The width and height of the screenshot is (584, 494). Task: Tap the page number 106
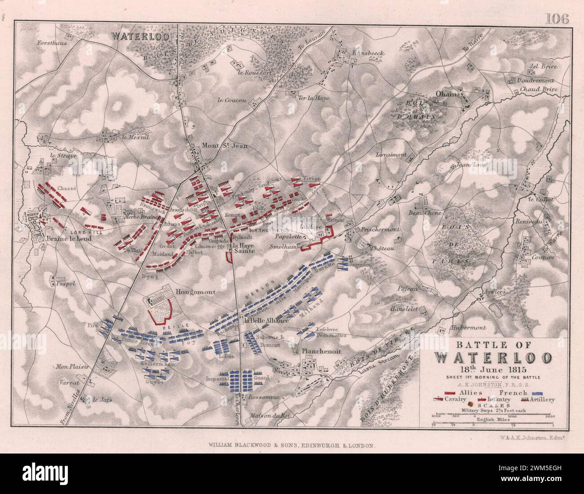[x=557, y=18]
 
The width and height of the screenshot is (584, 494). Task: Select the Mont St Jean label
[x=225, y=145]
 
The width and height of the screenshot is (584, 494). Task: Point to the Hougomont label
[x=196, y=292]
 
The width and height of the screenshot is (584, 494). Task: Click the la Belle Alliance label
[x=266, y=321]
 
